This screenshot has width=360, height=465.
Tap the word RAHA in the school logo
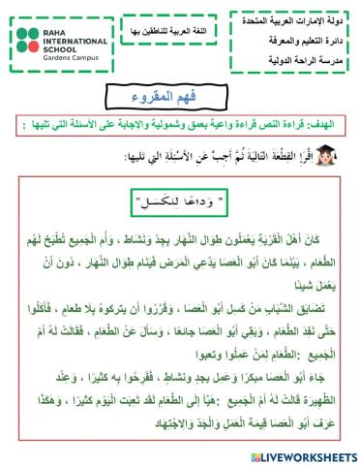point(56,32)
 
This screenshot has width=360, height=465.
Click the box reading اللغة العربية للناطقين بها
point(170,32)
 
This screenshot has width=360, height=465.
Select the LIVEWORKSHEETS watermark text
point(306,453)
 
